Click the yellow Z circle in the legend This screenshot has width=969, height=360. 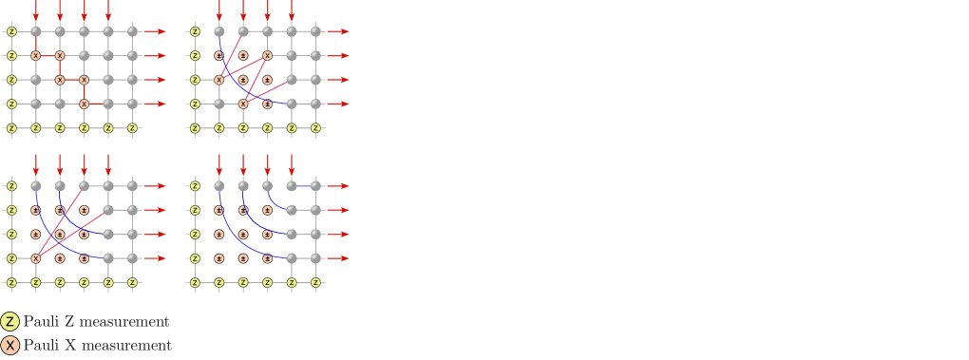click(10, 321)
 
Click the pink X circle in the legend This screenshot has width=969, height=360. click(10, 346)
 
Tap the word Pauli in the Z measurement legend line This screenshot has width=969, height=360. click(42, 322)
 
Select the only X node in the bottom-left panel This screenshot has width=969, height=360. click(36, 258)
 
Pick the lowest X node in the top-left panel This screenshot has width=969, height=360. click(85, 104)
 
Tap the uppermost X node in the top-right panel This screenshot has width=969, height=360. click(267, 56)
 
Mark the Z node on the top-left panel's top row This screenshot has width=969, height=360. click(11, 31)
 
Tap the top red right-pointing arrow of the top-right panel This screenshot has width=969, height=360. click(337, 31)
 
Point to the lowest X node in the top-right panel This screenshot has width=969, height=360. click(243, 104)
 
